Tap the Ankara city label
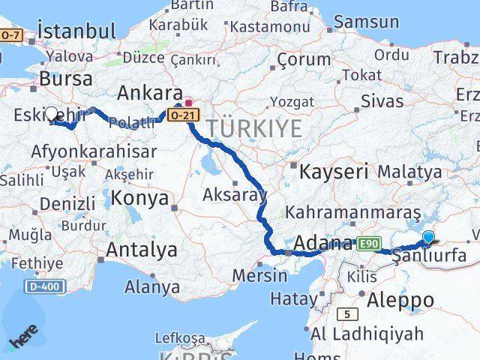pyautogui.click(x=150, y=94)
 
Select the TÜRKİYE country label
pyautogui.click(x=255, y=128)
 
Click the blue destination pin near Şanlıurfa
pyautogui.click(x=428, y=239)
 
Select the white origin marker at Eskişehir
pyautogui.click(x=52, y=115)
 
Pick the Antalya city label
pyautogui.click(x=142, y=250)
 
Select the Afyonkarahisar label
pyautogui.click(x=94, y=151)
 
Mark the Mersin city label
pyautogui.click(x=259, y=275)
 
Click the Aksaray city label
pyautogui.click(x=235, y=195)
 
